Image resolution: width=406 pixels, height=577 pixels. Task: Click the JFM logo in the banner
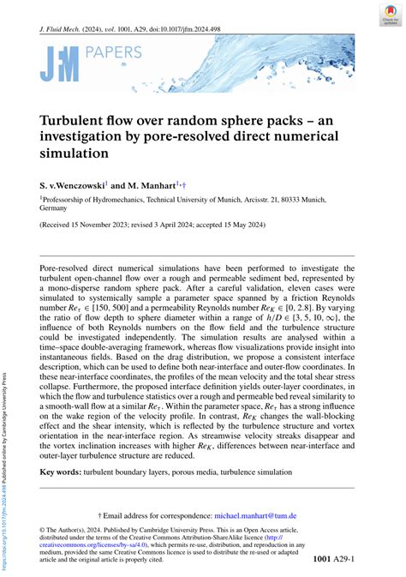pyautogui.click(x=57, y=64)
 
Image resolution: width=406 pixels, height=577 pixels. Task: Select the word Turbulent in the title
pyautogui.click(x=75, y=122)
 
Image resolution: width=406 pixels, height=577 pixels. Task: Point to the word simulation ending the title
pyautogui.click(x=86, y=154)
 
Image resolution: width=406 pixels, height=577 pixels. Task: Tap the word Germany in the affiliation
pyautogui.click(x=53, y=207)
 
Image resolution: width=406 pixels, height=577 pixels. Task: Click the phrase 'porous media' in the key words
pyautogui.click(x=206, y=472)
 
